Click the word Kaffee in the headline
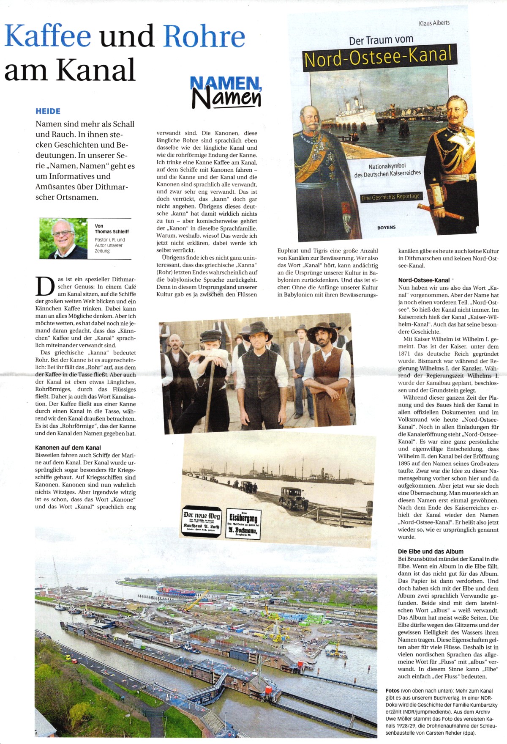point(47,36)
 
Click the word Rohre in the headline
point(204,36)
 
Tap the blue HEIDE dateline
point(48,111)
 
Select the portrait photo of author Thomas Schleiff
point(63,239)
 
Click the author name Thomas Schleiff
point(112,231)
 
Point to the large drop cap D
point(45,286)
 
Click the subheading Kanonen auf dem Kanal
point(68,447)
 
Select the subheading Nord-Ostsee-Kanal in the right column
point(424,280)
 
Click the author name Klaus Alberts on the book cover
point(434,23)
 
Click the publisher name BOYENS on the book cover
point(386,228)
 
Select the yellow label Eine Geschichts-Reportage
point(390,197)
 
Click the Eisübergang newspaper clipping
point(243,524)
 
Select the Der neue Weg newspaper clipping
point(202,522)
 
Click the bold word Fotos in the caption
point(393,691)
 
